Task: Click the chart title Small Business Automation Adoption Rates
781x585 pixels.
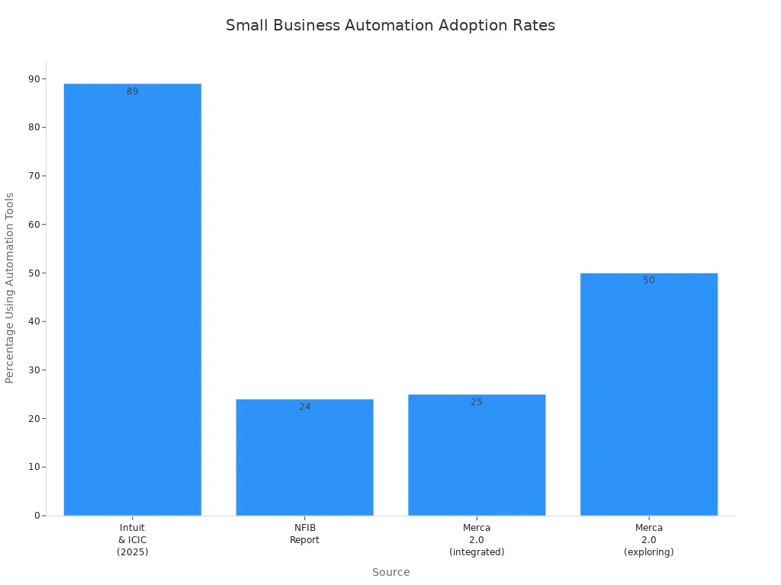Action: (390, 25)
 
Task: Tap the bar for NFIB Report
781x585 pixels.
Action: (304, 457)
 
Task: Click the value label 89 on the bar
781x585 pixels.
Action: (133, 91)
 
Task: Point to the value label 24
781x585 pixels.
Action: (304, 407)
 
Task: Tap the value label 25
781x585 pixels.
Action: (477, 402)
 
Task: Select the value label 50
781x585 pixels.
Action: (648, 280)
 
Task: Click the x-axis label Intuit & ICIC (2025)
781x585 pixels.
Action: (133, 539)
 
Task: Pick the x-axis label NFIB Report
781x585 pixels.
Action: (304, 533)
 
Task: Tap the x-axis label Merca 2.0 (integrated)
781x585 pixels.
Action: (477, 539)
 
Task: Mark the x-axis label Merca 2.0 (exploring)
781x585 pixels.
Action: (648, 539)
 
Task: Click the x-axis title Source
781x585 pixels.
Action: (390, 572)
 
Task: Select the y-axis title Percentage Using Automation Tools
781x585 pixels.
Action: (10, 288)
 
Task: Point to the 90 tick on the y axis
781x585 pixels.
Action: (34, 78)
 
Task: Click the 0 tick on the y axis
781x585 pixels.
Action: (37, 516)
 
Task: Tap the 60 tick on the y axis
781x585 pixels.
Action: (34, 225)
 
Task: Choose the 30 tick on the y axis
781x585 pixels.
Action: (34, 370)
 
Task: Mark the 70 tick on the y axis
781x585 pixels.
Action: (34, 176)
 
